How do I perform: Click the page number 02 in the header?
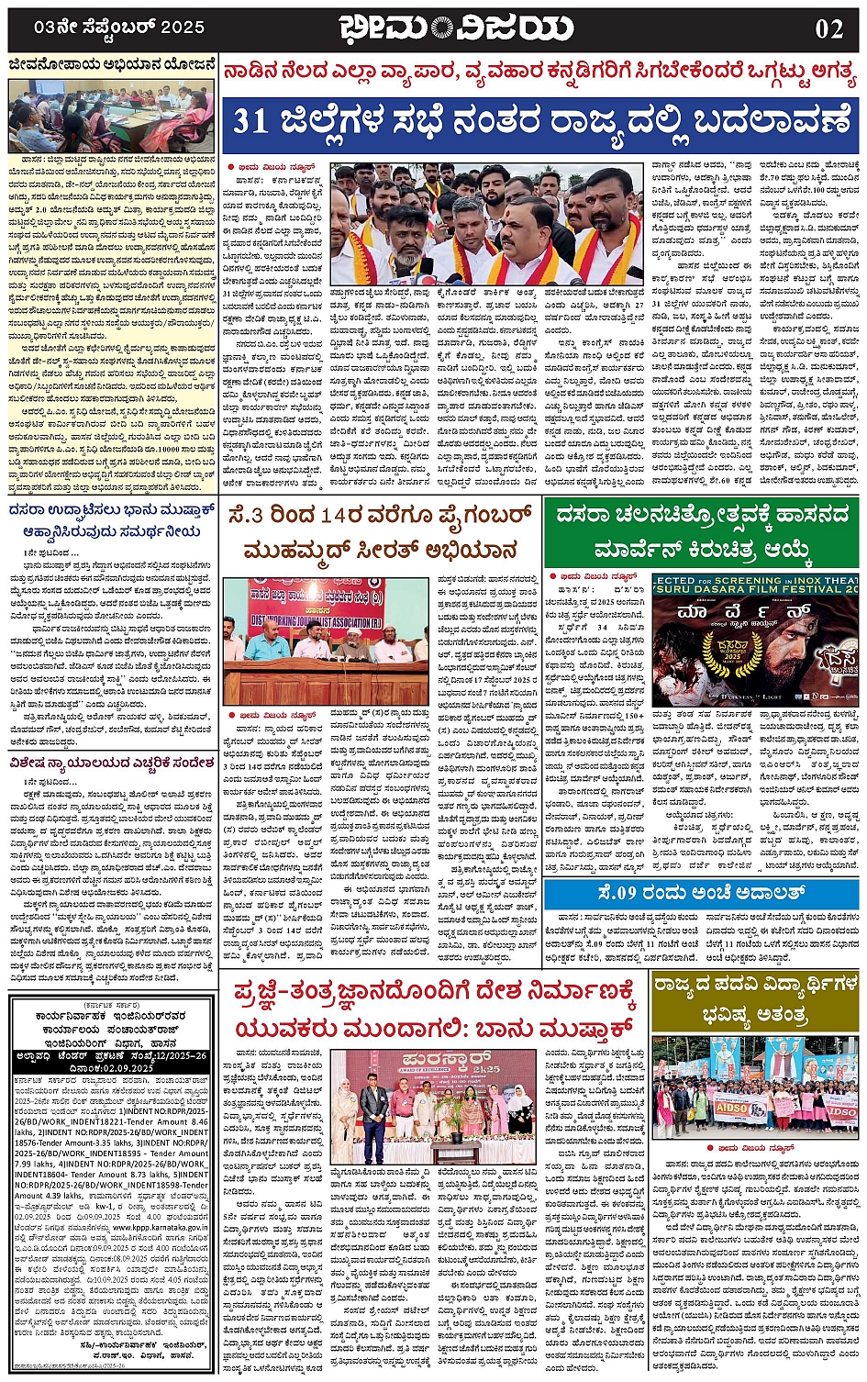(x=828, y=28)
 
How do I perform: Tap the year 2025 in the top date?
(x=182, y=28)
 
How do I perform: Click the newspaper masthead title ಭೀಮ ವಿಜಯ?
(x=455, y=28)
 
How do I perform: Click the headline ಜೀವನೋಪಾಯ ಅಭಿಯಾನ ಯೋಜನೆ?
(x=112, y=65)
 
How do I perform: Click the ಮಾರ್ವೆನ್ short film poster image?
(x=755, y=639)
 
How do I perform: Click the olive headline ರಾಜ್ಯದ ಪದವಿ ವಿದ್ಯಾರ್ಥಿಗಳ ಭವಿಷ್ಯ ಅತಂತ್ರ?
(x=754, y=999)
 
